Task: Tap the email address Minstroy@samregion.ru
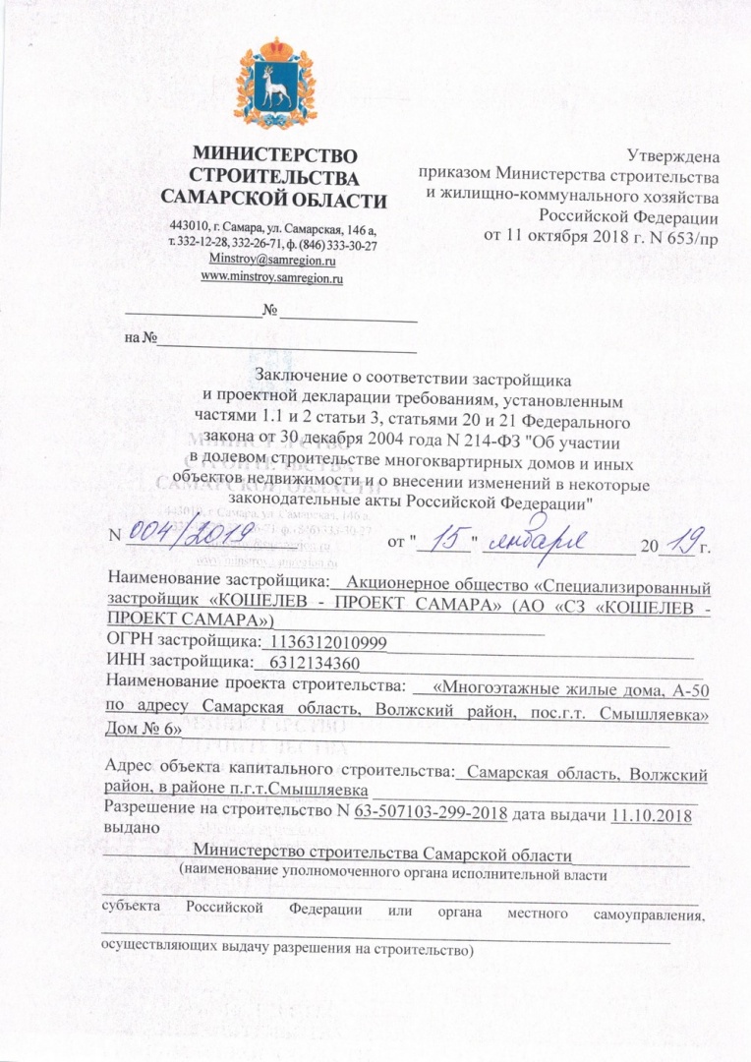(272, 261)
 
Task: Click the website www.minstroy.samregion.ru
(271, 278)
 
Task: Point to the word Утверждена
(672, 153)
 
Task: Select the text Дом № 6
(142, 729)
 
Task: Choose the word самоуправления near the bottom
(654, 914)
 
